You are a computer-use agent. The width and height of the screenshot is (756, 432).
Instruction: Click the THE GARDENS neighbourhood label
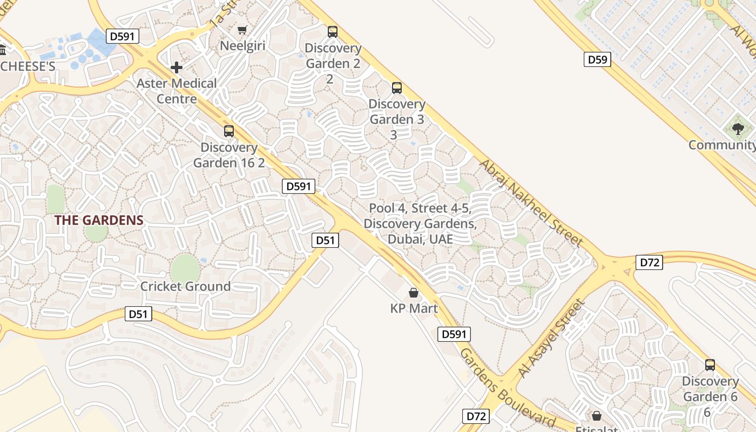pos(99,220)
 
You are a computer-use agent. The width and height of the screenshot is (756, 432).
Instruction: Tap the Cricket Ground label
pos(185,286)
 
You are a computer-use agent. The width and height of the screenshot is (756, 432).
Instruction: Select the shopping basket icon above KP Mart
pos(414,293)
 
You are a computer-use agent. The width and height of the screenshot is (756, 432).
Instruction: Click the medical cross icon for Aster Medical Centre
pos(177,67)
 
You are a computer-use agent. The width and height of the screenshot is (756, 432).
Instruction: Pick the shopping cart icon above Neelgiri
pos(242,30)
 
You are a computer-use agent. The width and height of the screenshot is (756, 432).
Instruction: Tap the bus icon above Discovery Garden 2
pos(333,32)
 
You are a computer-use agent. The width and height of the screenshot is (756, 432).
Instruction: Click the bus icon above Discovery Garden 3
pos(397,87)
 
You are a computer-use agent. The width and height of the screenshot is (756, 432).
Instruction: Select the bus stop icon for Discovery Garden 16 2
pos(229,131)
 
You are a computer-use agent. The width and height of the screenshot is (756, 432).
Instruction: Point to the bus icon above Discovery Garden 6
pos(710,365)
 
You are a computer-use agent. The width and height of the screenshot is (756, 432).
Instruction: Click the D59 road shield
pos(597,59)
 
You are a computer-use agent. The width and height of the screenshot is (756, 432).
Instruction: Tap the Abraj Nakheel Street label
pos(531,202)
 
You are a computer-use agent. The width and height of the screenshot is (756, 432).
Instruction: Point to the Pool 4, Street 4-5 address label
pos(420,224)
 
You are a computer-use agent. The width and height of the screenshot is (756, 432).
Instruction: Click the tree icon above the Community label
pos(738,129)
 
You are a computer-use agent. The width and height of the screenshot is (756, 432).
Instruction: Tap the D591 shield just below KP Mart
pos(454,334)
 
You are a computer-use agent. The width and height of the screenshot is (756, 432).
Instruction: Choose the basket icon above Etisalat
pos(597,416)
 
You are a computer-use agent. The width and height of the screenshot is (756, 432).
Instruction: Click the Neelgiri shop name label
pos(242,46)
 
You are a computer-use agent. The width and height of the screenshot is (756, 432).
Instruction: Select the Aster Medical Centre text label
pos(177,91)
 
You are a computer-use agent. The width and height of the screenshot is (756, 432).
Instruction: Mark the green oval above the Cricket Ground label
pos(185,268)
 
